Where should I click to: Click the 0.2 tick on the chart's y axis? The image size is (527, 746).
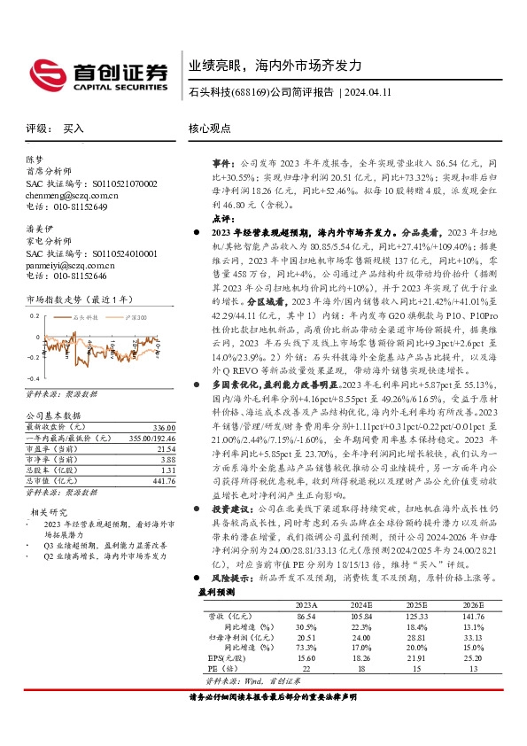click(x=35, y=315)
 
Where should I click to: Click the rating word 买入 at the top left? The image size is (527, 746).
click(x=74, y=128)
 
